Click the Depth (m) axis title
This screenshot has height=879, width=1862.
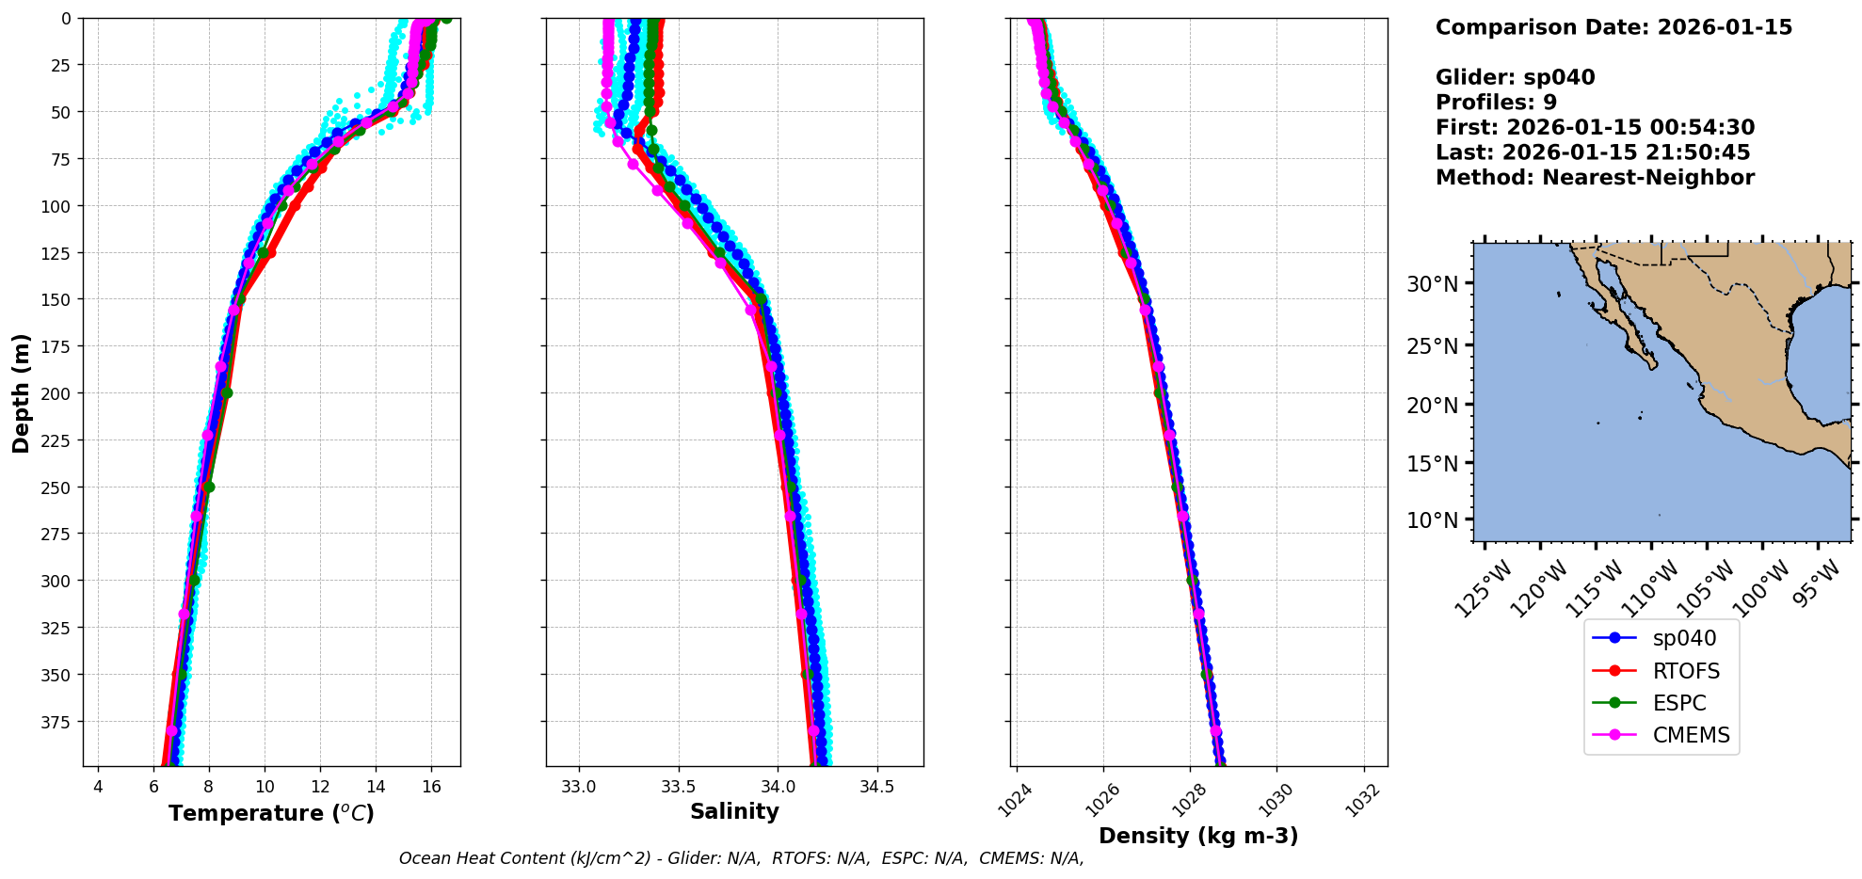21,392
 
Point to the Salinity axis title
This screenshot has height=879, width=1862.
734,812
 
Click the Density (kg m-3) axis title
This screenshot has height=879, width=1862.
1198,836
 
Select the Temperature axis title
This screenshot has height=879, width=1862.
271,813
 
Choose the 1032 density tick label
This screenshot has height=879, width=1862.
1364,799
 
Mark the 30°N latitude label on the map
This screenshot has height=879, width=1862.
1432,284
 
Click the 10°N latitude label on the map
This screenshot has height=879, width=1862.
1432,520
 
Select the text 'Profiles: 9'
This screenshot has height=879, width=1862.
1496,103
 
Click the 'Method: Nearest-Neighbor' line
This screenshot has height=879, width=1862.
1595,178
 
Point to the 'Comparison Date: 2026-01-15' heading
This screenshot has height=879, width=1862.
1613,27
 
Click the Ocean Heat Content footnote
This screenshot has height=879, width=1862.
741,858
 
